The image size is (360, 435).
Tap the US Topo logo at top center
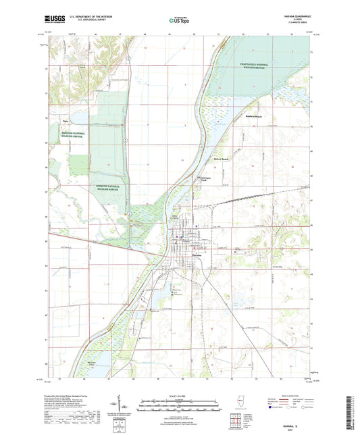[x=179, y=21]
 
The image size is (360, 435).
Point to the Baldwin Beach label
[x=254, y=116]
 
